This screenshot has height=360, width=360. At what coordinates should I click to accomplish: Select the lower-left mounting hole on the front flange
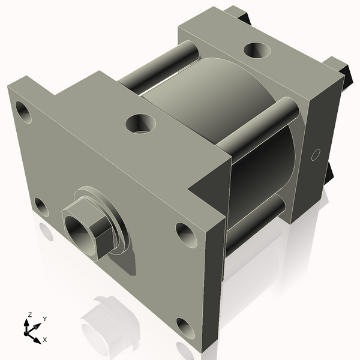pos(41,208)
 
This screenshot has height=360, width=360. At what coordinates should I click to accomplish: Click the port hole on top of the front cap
pos(140,124)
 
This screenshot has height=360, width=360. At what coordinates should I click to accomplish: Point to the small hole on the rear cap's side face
pos(314,154)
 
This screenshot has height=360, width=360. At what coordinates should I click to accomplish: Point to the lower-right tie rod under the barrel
pos(255,222)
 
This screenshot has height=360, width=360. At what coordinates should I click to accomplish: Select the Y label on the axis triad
pos(45,319)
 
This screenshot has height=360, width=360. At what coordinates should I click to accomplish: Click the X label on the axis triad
pos(45,340)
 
